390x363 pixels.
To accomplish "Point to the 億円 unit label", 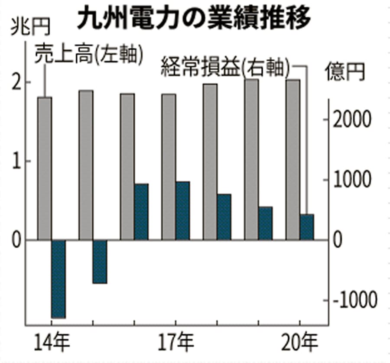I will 345,71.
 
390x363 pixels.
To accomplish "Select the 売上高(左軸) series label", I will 89,54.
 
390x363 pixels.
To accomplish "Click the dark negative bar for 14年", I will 58,279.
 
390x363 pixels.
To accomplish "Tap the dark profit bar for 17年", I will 183,211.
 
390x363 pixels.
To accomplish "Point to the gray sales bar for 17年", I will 169,167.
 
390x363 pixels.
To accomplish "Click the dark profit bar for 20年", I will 307,227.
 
